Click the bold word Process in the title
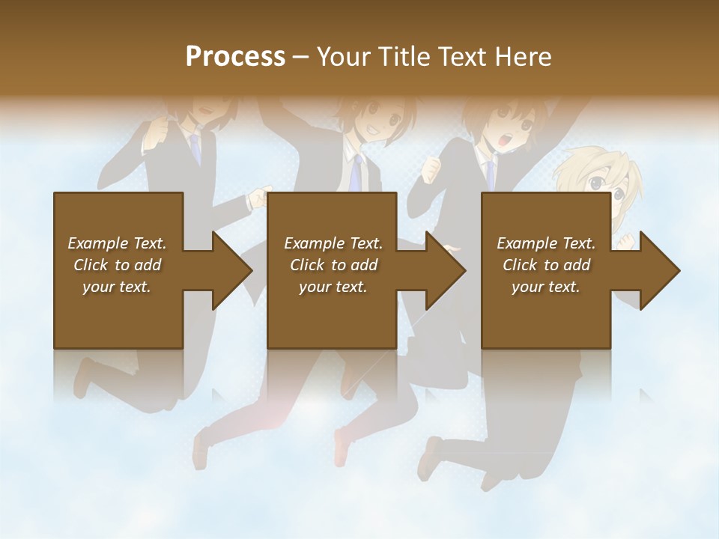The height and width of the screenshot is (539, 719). [235, 57]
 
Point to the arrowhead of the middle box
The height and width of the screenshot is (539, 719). [445, 270]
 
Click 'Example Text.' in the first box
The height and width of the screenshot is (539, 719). [117, 243]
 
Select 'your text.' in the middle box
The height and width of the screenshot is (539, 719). [333, 287]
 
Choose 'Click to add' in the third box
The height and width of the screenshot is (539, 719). [547, 265]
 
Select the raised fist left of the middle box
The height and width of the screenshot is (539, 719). [258, 198]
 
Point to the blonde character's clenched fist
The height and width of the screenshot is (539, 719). [626, 241]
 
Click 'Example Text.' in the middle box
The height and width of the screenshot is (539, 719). [333, 243]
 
